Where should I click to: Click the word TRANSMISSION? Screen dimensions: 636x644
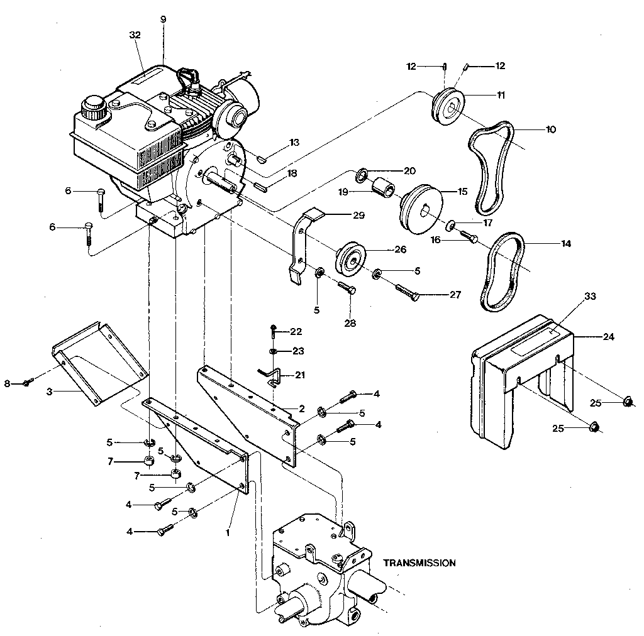419,563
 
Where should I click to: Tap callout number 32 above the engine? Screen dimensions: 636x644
135,36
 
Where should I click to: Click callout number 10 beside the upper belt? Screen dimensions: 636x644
551,129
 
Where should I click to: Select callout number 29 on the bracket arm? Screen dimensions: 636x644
358,216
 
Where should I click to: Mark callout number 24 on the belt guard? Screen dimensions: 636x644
608,336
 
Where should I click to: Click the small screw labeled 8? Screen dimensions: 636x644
26,383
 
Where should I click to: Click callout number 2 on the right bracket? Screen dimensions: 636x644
302,408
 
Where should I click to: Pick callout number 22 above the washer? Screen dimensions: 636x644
296,331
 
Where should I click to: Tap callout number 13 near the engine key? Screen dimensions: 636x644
294,143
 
